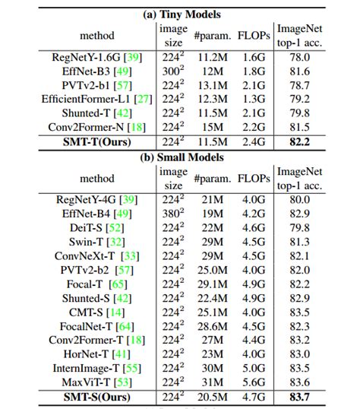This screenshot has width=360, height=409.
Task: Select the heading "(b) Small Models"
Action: coord(179,157)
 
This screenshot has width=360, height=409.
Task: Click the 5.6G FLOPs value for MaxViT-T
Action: coord(252,382)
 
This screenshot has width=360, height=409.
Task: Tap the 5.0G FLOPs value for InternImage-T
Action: coord(252,367)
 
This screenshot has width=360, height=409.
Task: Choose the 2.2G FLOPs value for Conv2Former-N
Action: coord(252,127)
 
